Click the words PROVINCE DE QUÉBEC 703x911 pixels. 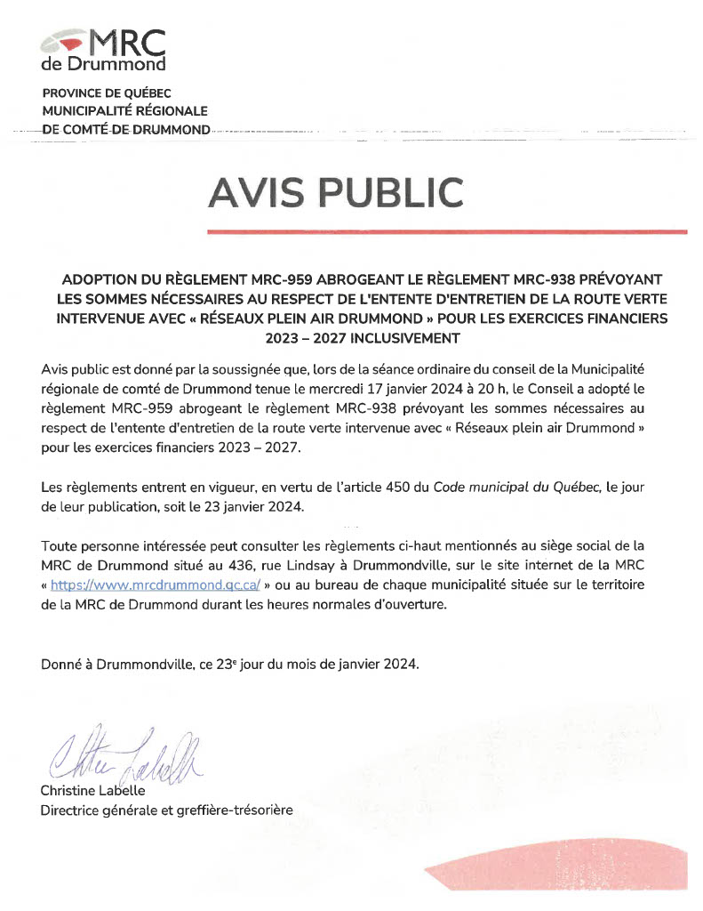coord(107,93)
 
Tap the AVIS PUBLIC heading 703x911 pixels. coord(336,192)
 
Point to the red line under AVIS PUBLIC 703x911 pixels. coord(446,231)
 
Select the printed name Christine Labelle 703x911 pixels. coord(93,790)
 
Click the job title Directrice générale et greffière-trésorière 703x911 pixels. coord(166,810)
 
